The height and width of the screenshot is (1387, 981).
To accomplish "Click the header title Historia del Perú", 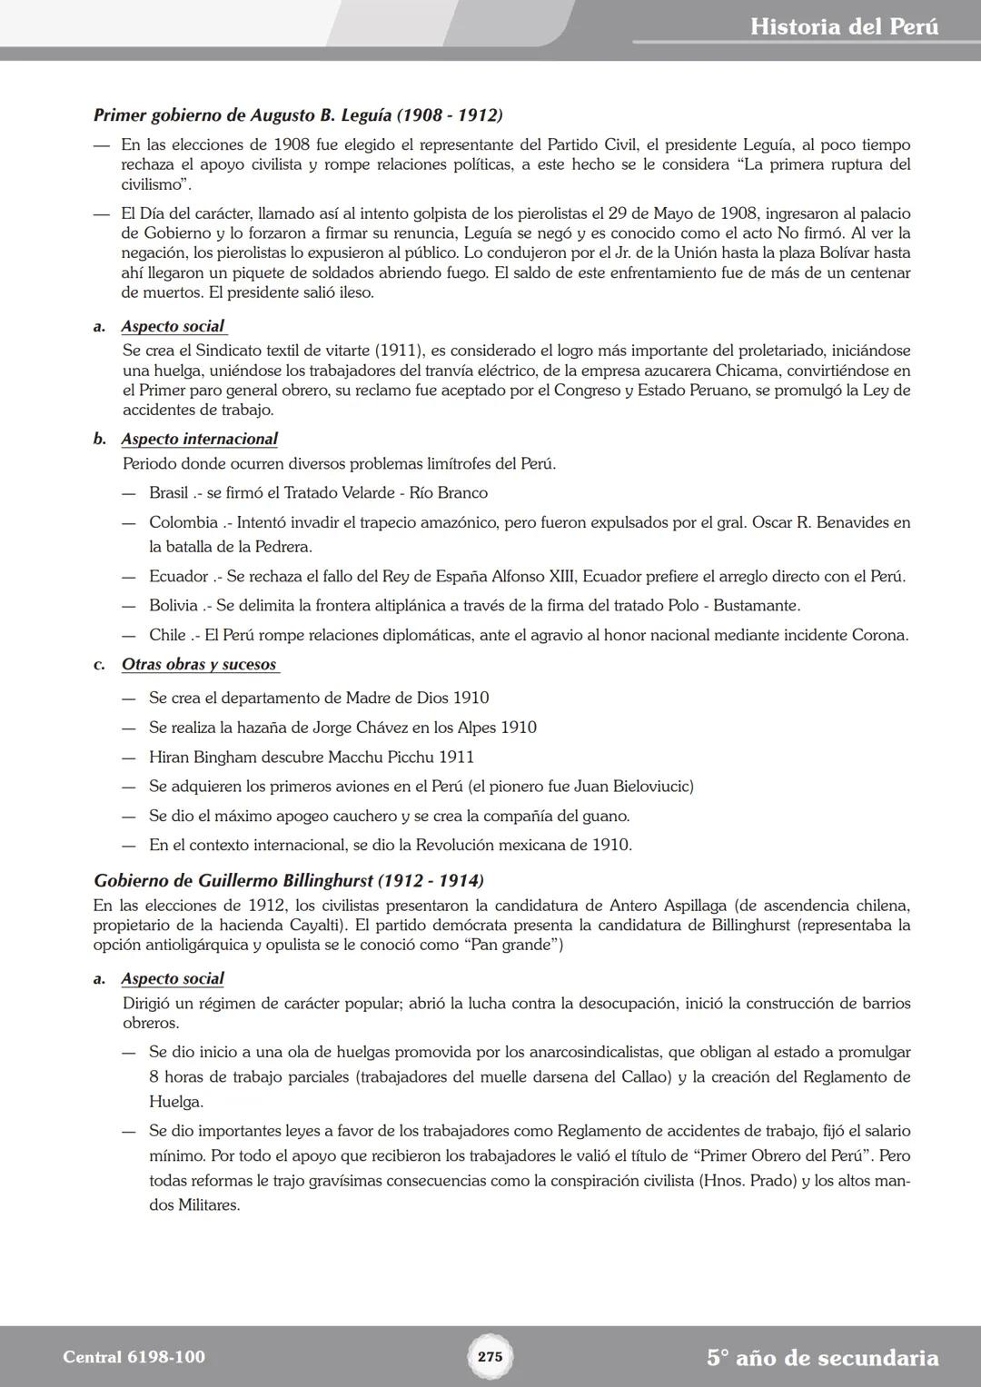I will tap(844, 26).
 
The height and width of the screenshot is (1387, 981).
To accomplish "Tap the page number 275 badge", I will tap(490, 1357).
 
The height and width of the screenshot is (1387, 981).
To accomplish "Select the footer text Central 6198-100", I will tap(134, 1357).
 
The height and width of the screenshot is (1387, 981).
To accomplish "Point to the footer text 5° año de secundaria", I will tap(822, 1358).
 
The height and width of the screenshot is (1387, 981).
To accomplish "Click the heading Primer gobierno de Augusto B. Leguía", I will tap(298, 115).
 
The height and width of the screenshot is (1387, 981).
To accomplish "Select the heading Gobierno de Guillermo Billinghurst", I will tap(289, 880).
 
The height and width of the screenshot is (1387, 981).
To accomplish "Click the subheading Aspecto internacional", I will tap(200, 439).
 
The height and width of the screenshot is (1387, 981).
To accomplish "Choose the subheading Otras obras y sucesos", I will tap(199, 664).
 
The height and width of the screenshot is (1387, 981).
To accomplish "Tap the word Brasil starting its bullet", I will tap(169, 493).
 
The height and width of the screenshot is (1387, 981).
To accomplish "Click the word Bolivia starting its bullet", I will tap(173, 605).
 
